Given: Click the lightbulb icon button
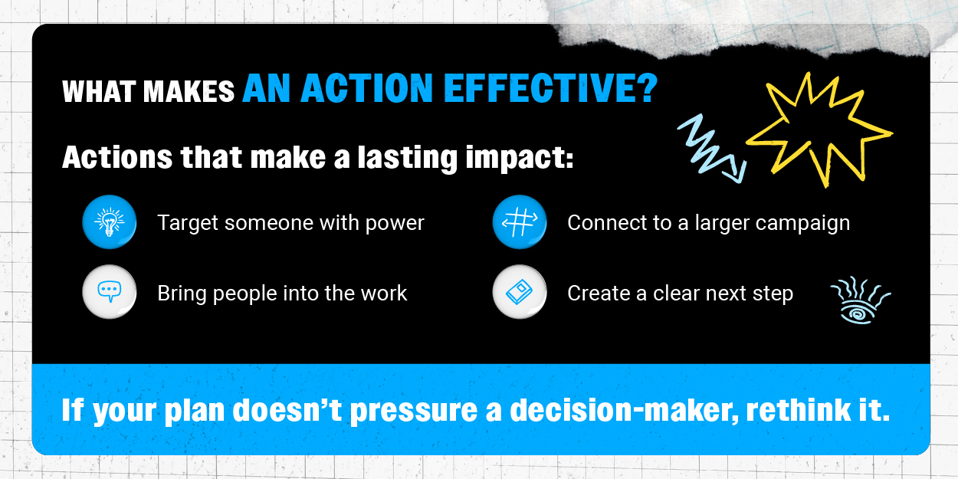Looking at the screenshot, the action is coord(110,222).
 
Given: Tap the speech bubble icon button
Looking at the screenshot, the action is coord(110,292).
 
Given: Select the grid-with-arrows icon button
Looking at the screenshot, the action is coord(520,222).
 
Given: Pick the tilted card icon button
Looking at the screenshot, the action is coord(520,292).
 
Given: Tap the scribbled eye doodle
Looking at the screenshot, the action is coord(860,300).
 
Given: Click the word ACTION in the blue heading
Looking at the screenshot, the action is coord(367,88).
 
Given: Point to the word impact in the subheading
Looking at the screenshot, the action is coord(520,158).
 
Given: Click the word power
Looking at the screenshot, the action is coord(395,224).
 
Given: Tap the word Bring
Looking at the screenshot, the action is coord(182,294).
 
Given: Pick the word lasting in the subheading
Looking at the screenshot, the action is coord(408,158).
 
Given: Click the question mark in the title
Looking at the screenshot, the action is coord(649,88).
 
